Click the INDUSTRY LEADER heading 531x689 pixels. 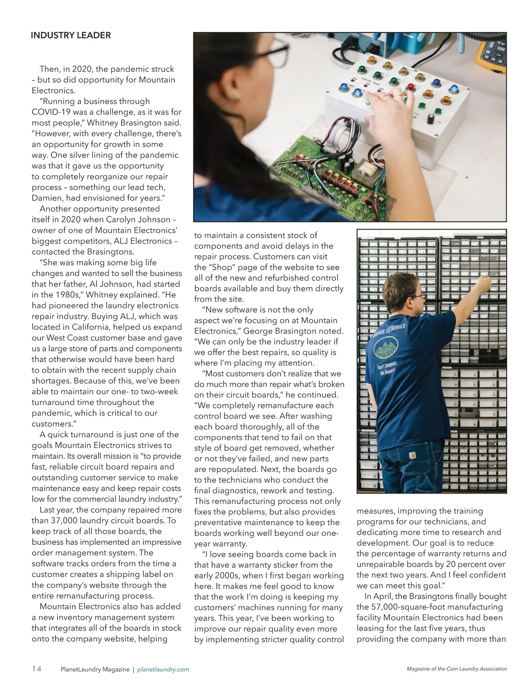[71, 35]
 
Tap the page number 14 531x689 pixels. [37, 669]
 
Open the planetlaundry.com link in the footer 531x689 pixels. [163, 670]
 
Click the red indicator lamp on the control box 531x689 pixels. [410, 87]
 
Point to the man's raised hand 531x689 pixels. [485, 280]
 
